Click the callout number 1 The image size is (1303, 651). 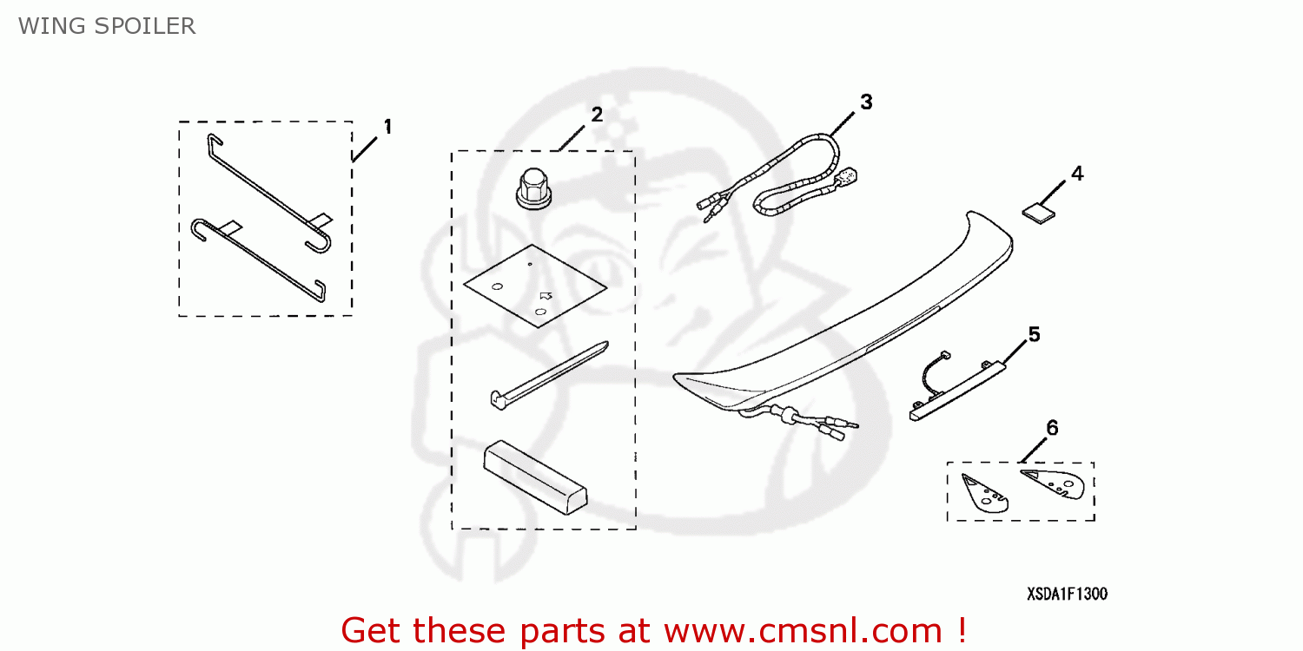(387, 127)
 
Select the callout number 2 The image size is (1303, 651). (597, 115)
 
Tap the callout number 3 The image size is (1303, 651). (866, 102)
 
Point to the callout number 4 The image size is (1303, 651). (1077, 173)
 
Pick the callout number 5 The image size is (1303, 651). (1034, 334)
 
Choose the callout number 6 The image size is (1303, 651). (1052, 427)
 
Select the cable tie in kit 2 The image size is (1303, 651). (547, 376)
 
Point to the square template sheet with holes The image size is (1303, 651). (533, 286)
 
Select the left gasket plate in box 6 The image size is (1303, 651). (985, 493)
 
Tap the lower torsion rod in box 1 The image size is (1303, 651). (258, 258)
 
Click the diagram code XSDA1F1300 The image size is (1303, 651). (1067, 595)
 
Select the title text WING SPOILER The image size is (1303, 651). (107, 26)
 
